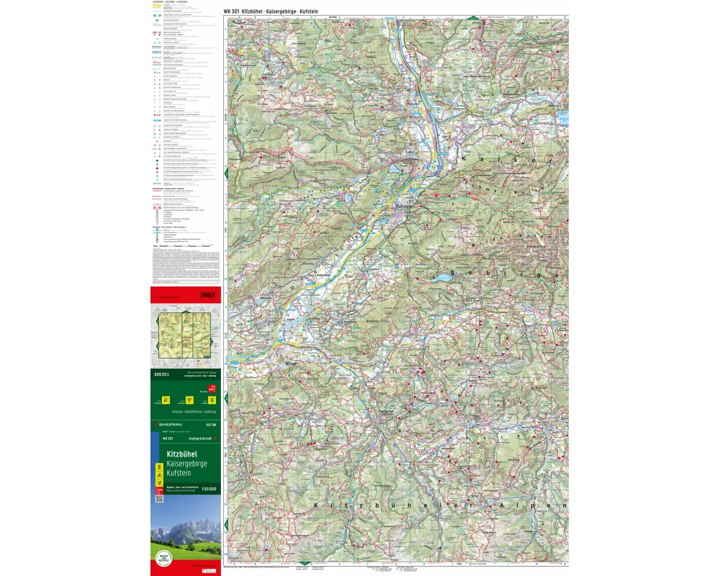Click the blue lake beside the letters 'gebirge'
click(x=441, y=277)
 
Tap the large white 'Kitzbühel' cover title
click(x=181, y=454)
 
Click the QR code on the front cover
click(x=159, y=498)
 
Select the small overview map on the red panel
click(x=185, y=333)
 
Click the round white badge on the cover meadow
click(x=163, y=558)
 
